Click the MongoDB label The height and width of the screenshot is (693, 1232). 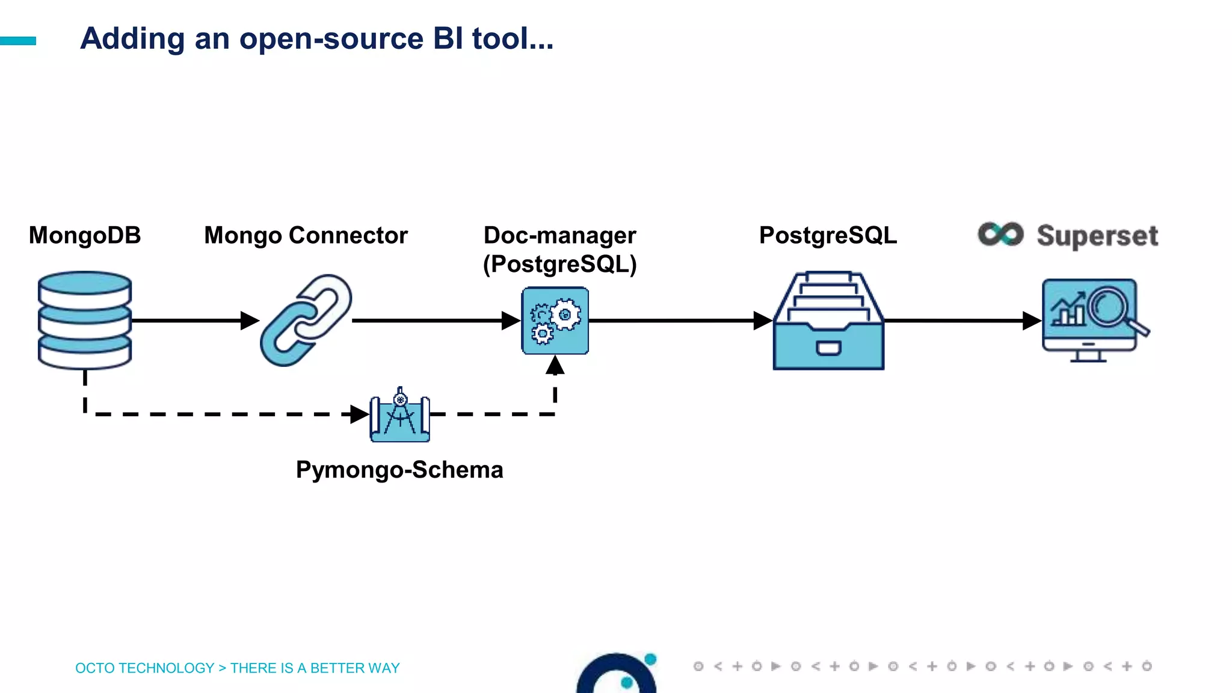[85, 235]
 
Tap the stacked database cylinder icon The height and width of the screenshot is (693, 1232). [85, 320]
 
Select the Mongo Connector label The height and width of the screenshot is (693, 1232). [306, 235]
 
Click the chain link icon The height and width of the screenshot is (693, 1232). [306, 320]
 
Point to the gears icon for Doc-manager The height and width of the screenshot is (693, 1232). [555, 321]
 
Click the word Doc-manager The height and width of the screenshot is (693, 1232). [559, 235]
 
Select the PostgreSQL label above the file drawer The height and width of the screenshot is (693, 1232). [828, 235]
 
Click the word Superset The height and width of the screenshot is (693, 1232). [1097, 236]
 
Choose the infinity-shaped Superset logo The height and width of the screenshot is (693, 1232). [1000, 234]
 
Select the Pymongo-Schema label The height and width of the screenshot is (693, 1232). [399, 470]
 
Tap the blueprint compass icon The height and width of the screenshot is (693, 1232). [400, 415]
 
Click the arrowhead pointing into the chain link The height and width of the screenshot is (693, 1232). [249, 321]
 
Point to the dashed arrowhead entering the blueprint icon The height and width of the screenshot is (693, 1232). [359, 414]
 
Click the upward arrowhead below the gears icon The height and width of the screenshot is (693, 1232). [555, 365]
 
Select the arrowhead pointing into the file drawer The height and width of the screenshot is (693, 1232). [762, 321]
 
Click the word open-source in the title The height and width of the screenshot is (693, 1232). [331, 38]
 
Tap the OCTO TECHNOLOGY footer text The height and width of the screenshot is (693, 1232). [144, 668]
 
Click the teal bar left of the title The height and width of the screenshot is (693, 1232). [18, 41]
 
